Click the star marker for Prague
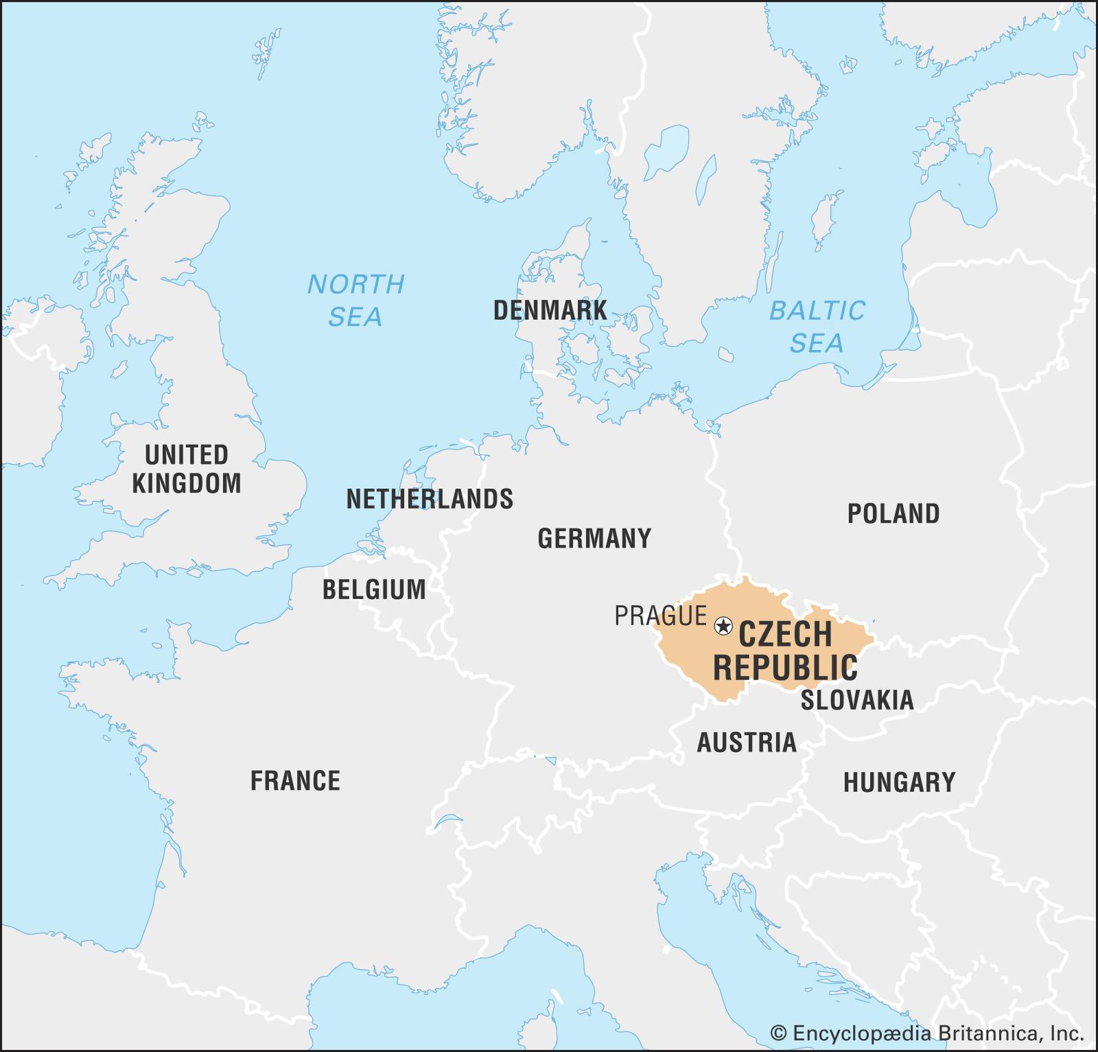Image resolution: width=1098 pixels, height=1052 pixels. click(x=723, y=626)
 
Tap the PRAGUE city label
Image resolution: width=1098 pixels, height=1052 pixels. click(x=660, y=616)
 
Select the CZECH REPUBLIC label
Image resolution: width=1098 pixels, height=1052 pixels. click(x=786, y=650)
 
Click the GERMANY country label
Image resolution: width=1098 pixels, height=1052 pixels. click(x=594, y=539)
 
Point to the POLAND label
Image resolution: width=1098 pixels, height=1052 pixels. click(x=893, y=514)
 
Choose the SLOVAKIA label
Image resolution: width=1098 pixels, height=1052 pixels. click(x=857, y=700)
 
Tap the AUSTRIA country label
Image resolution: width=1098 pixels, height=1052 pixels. click(x=747, y=743)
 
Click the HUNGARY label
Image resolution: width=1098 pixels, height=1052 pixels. click(x=899, y=782)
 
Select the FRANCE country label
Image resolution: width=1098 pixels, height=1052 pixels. click(x=295, y=781)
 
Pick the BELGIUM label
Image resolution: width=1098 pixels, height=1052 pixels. click(x=374, y=589)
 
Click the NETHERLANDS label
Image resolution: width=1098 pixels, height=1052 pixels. click(x=430, y=499)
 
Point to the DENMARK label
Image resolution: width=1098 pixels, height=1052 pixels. click(x=550, y=311)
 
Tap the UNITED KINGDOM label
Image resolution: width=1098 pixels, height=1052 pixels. click(x=187, y=469)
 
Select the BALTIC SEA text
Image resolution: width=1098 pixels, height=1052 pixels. click(x=817, y=327)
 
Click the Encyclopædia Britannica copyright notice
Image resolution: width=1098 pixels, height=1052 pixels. click(x=926, y=1033)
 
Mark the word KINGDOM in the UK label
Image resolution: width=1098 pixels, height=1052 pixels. click(x=187, y=484)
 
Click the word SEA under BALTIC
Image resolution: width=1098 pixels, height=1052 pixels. click(x=816, y=343)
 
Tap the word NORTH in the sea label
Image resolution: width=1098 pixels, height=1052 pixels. click(x=355, y=284)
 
